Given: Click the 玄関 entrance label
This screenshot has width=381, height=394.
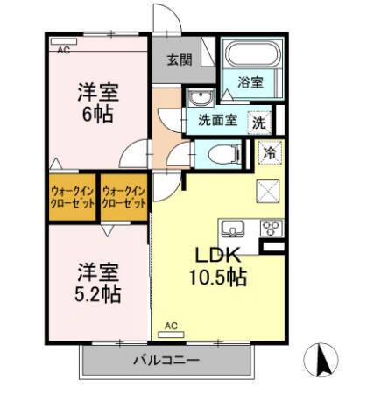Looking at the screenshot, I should coord(180,60).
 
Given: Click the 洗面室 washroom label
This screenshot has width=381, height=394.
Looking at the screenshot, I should coord(214,122).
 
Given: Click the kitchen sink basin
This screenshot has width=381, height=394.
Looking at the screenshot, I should coord(233,229).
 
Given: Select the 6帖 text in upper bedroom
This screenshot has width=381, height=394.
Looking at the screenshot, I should coord(96,113).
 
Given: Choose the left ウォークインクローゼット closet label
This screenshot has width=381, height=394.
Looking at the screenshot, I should coord(73,195).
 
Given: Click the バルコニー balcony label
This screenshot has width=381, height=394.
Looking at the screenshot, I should coord(166,360).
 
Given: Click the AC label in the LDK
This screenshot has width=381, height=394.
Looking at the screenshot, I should coord(171,327).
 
